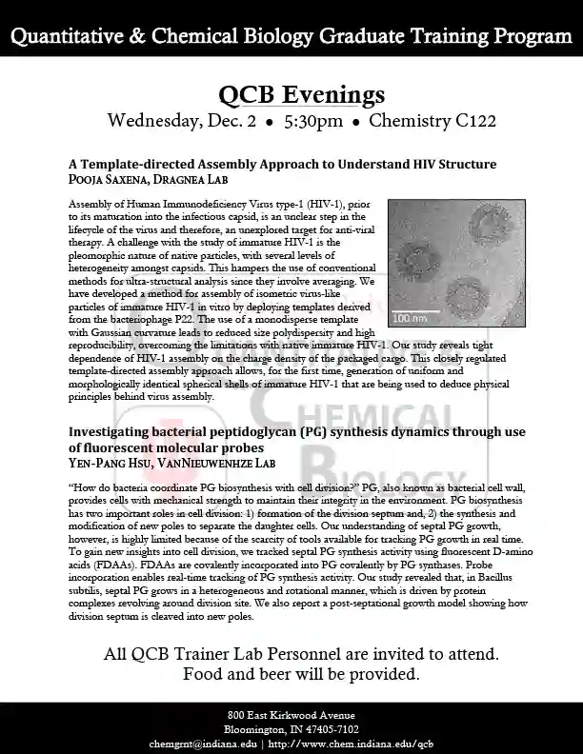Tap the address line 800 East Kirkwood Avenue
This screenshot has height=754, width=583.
click(x=291, y=715)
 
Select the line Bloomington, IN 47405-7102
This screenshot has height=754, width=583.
click(x=291, y=729)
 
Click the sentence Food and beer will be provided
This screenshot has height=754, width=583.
click(x=301, y=675)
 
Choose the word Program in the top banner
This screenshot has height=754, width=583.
click(x=533, y=37)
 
